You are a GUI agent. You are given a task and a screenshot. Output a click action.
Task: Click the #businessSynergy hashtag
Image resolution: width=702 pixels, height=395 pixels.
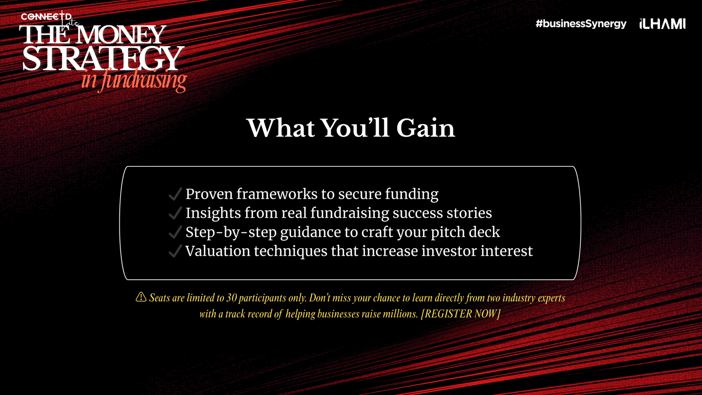click(x=581, y=24)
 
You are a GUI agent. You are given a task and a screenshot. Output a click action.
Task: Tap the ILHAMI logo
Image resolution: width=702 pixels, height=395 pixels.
click(x=663, y=24)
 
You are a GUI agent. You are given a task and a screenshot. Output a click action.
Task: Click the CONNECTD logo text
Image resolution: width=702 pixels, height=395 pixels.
click(x=46, y=16)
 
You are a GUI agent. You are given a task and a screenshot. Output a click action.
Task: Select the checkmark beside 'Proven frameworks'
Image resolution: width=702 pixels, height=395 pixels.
click(x=175, y=194)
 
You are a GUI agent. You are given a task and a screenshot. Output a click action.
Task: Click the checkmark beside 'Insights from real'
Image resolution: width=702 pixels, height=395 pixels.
click(x=175, y=213)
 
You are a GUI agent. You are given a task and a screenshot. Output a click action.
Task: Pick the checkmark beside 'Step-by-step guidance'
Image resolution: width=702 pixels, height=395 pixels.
click(x=175, y=232)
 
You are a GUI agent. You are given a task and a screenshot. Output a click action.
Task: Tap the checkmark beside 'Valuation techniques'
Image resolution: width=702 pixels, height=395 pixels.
click(x=175, y=251)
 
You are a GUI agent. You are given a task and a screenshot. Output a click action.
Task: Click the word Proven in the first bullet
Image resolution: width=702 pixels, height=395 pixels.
click(x=209, y=194)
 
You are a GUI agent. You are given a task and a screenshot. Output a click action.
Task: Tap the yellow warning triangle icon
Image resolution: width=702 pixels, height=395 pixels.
click(x=141, y=297)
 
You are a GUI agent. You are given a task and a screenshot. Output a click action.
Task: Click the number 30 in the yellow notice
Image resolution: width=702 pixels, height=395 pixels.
click(x=231, y=298)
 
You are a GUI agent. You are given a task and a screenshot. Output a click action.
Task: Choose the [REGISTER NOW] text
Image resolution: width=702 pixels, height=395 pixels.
click(x=460, y=313)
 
